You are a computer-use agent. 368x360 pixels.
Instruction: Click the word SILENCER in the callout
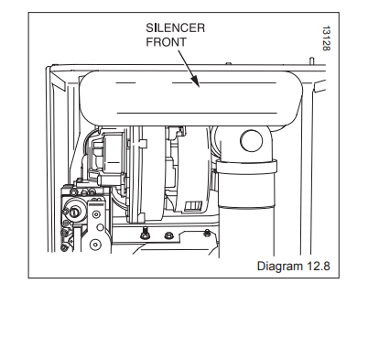175,28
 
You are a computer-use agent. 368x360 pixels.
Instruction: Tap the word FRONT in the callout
166,42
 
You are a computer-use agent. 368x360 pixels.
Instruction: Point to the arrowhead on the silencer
195,82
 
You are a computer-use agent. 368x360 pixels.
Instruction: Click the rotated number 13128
326,38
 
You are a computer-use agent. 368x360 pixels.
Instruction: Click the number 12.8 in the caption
319,266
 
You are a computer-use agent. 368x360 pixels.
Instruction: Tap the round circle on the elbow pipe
252,141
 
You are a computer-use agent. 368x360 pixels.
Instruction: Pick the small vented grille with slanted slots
193,205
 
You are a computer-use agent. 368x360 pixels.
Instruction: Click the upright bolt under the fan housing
143,233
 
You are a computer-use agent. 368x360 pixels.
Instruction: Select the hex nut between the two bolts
168,235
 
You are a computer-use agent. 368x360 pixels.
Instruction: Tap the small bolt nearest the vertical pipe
207,233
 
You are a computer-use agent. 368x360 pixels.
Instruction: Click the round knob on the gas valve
73,211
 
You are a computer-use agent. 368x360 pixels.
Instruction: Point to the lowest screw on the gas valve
64,247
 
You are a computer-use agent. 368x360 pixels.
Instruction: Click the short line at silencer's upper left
125,82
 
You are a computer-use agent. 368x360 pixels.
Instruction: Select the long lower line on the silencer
197,113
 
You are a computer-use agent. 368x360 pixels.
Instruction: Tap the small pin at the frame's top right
311,60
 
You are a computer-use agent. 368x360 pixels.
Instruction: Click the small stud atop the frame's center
227,64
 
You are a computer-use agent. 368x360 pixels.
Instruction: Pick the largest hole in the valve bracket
100,227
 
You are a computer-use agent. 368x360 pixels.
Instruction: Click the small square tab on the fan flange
144,143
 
